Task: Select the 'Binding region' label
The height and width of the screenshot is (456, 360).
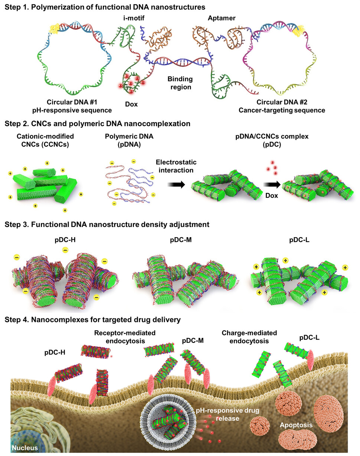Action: click(x=179, y=83)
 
